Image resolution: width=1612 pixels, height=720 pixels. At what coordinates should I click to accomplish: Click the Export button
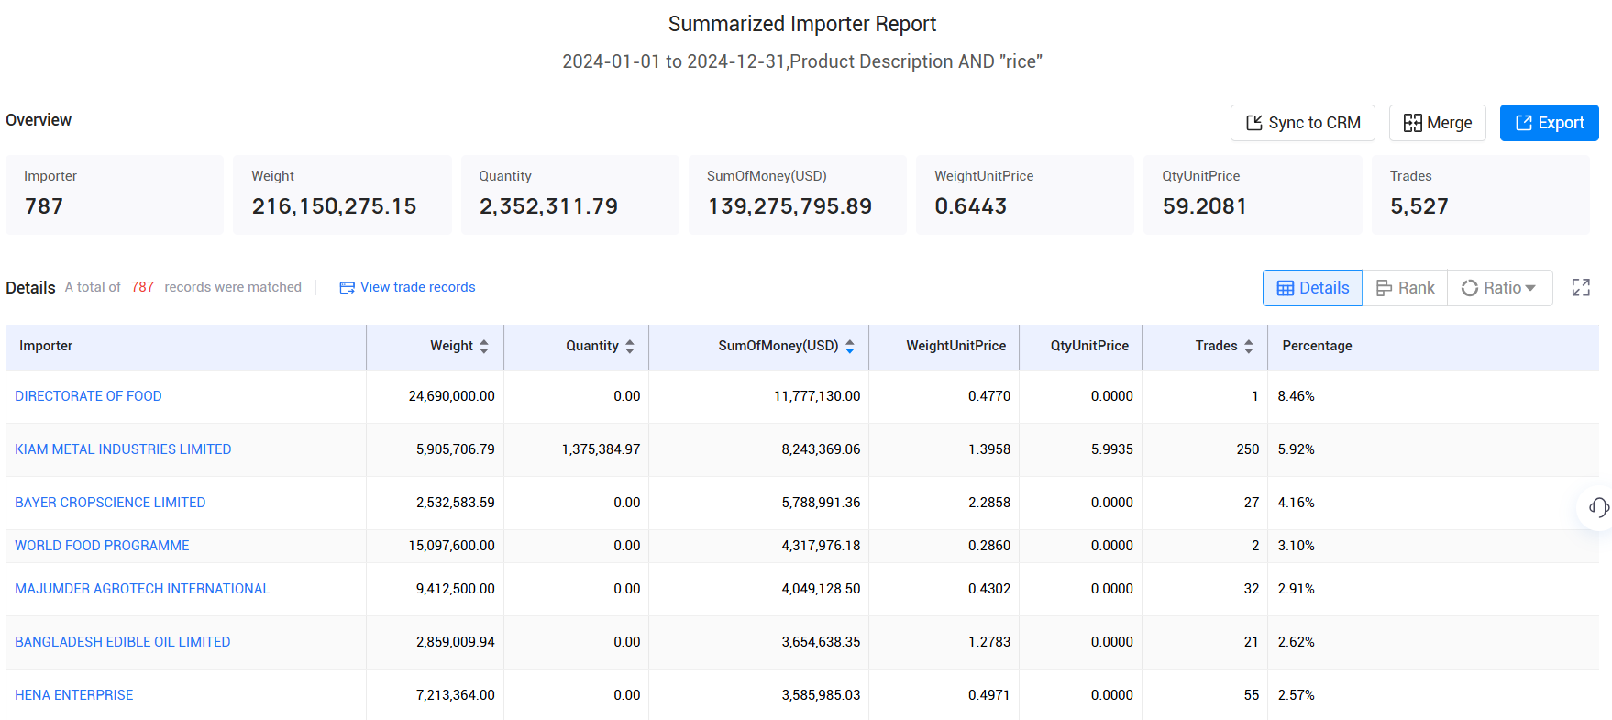(x=1549, y=123)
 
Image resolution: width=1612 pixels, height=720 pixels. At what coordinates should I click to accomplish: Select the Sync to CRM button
(x=1302, y=123)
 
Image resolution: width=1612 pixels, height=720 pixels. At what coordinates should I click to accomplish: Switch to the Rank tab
(x=1405, y=288)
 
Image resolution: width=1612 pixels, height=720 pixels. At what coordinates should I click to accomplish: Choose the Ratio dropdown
(x=1499, y=288)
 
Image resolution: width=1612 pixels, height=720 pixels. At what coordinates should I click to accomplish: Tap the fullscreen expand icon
(x=1581, y=288)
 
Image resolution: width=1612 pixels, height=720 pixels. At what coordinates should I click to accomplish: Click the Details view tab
(x=1312, y=288)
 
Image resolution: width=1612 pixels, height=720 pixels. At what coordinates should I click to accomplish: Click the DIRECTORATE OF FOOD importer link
(x=88, y=396)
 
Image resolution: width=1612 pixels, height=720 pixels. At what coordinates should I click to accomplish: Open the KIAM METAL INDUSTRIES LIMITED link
(x=123, y=449)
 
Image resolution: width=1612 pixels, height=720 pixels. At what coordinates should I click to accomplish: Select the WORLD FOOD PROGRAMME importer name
(x=102, y=546)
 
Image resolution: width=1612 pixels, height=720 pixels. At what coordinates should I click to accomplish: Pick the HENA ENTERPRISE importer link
(x=74, y=695)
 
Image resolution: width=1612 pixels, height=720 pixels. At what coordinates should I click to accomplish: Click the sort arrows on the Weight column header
(x=484, y=347)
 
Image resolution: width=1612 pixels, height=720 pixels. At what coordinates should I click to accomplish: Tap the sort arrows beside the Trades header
(x=1248, y=347)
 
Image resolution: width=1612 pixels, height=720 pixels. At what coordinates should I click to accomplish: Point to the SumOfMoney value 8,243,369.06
(x=821, y=449)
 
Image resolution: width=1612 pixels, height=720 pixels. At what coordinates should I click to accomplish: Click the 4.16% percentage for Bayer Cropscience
(x=1296, y=503)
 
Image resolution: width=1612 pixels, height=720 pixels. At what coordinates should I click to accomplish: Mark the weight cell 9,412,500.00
(x=455, y=589)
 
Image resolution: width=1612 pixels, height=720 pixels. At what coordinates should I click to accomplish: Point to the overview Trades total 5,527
(x=1419, y=206)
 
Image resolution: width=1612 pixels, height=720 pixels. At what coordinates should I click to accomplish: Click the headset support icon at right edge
(x=1598, y=507)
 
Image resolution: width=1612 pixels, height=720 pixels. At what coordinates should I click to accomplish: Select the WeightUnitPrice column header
(x=955, y=346)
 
